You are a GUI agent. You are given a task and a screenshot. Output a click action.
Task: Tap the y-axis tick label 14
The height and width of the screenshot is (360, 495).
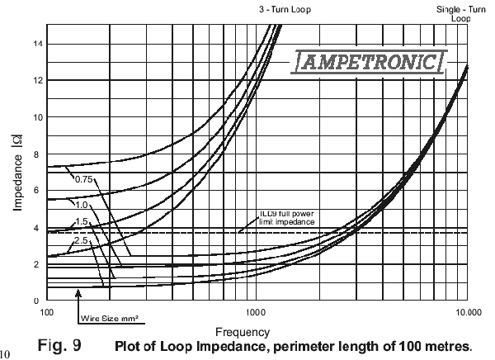coord(35,43)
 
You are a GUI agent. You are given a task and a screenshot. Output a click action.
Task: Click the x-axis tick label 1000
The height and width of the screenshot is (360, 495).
coord(256,312)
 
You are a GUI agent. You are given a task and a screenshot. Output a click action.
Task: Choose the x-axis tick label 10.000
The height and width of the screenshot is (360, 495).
coord(468,312)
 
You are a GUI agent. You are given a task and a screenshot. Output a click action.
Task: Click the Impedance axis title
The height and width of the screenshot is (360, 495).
coord(17,168)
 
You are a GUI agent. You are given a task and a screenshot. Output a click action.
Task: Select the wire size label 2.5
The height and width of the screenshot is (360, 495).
coord(81,239)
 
